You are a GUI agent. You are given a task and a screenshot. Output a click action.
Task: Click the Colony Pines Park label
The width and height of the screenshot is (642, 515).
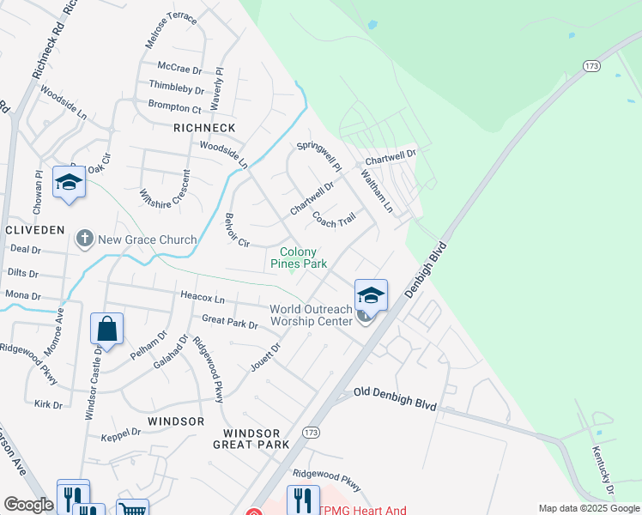(298, 257)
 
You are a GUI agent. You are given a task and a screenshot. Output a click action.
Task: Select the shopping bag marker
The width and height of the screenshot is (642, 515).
(106, 329)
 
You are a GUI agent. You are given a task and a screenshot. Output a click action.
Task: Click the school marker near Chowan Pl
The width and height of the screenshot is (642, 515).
(69, 182)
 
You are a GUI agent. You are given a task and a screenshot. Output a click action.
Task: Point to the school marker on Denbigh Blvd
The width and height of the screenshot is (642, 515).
(371, 294)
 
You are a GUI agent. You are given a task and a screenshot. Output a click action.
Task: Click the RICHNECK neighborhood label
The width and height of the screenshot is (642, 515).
(204, 128)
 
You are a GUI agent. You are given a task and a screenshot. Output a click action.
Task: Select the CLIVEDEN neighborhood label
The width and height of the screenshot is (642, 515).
(34, 230)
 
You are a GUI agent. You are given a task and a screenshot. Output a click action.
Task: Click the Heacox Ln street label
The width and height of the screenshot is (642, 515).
(203, 298)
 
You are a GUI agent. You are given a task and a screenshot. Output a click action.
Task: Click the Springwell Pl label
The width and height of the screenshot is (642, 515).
(319, 155)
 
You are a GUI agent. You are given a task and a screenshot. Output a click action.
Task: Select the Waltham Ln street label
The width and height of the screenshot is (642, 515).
(376, 190)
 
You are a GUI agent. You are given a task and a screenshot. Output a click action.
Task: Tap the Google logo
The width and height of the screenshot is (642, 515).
(28, 505)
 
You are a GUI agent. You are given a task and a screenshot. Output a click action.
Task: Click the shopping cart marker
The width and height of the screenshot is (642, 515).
(132, 508)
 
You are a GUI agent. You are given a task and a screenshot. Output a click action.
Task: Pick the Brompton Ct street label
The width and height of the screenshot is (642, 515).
(174, 107)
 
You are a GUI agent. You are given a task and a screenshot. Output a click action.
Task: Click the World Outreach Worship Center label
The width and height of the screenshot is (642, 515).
(311, 315)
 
